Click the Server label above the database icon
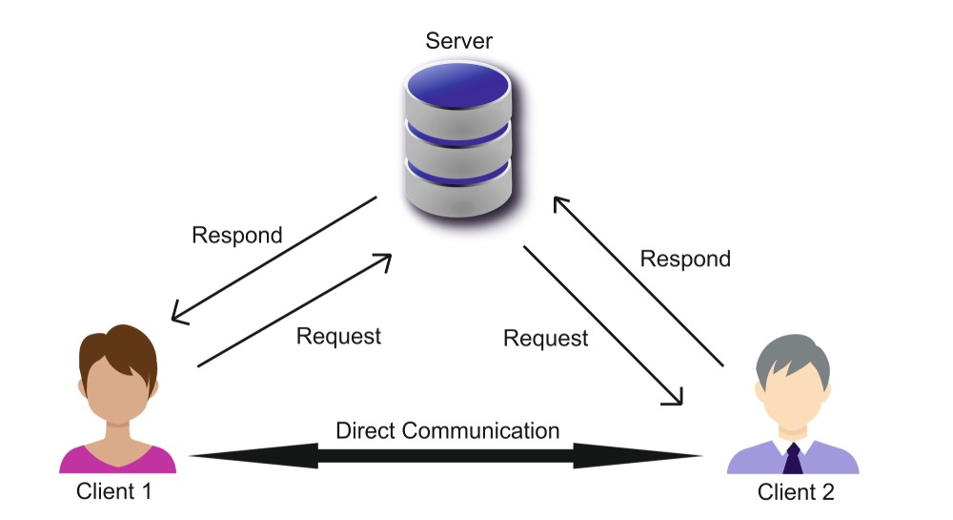pyautogui.click(x=459, y=41)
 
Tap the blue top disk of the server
pyautogui.click(x=457, y=86)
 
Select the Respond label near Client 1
pyautogui.click(x=237, y=236)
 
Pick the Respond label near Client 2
pyautogui.click(x=685, y=260)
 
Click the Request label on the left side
pyautogui.click(x=338, y=336)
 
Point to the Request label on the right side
pyautogui.click(x=546, y=338)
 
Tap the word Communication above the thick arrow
pyautogui.click(x=479, y=430)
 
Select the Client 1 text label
pyautogui.click(x=113, y=491)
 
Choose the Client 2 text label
pyautogui.click(x=796, y=492)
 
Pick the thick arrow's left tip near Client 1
pyautogui.click(x=191, y=455)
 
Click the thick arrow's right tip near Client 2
pyautogui.click(x=702, y=455)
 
